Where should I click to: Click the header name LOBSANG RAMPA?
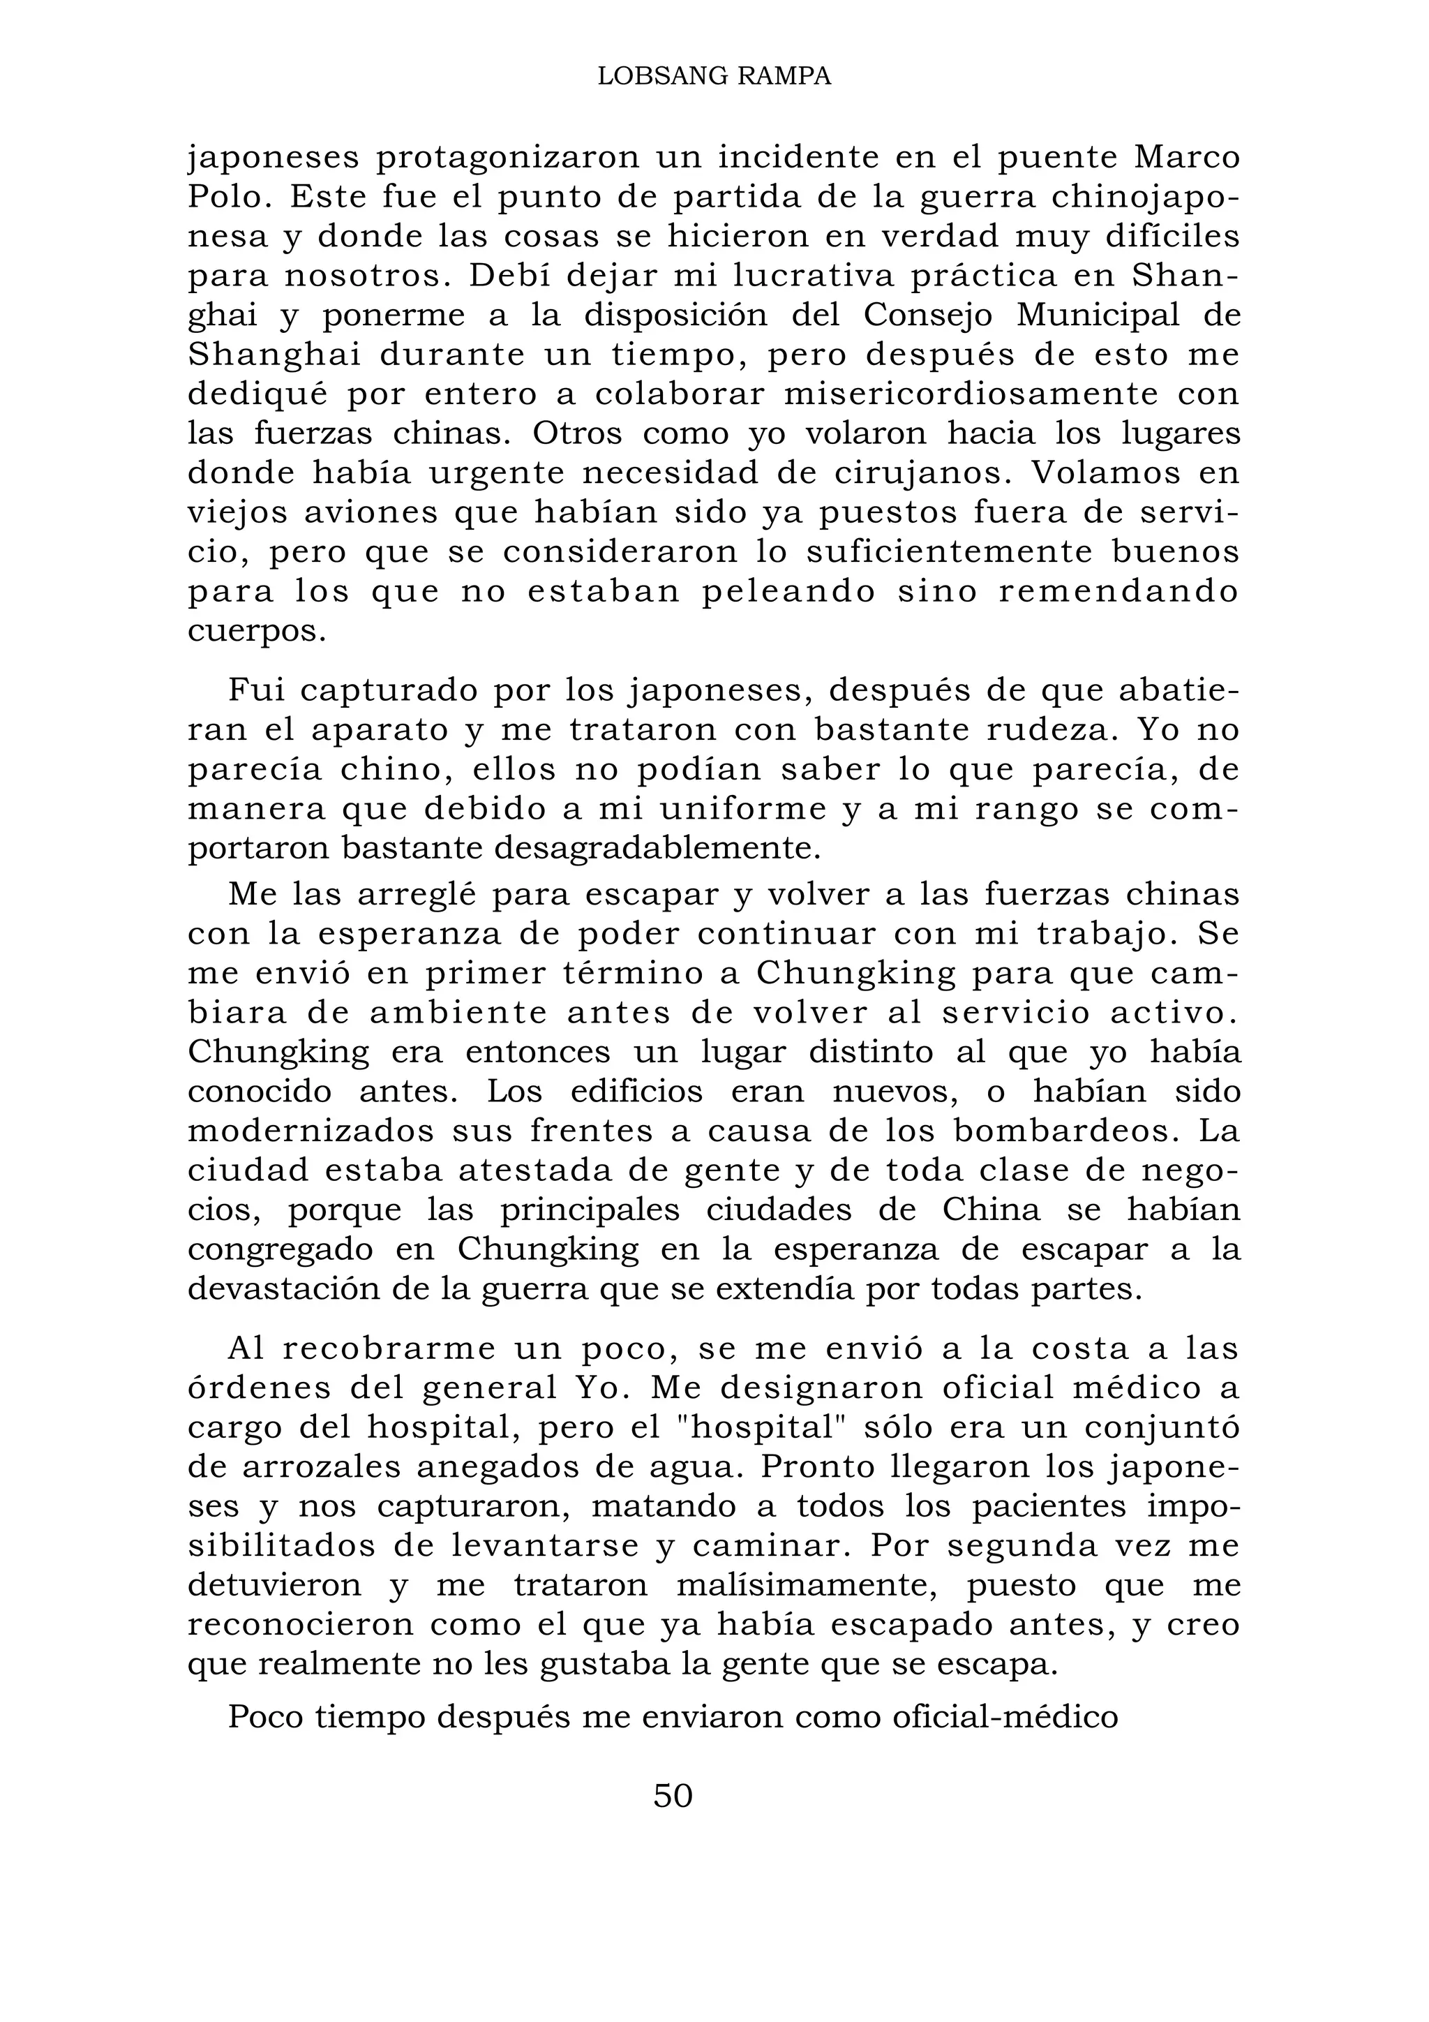[714, 77]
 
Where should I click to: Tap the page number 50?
[673, 1794]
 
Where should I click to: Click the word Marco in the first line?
[1187, 158]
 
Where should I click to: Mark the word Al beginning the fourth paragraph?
[246, 1348]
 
